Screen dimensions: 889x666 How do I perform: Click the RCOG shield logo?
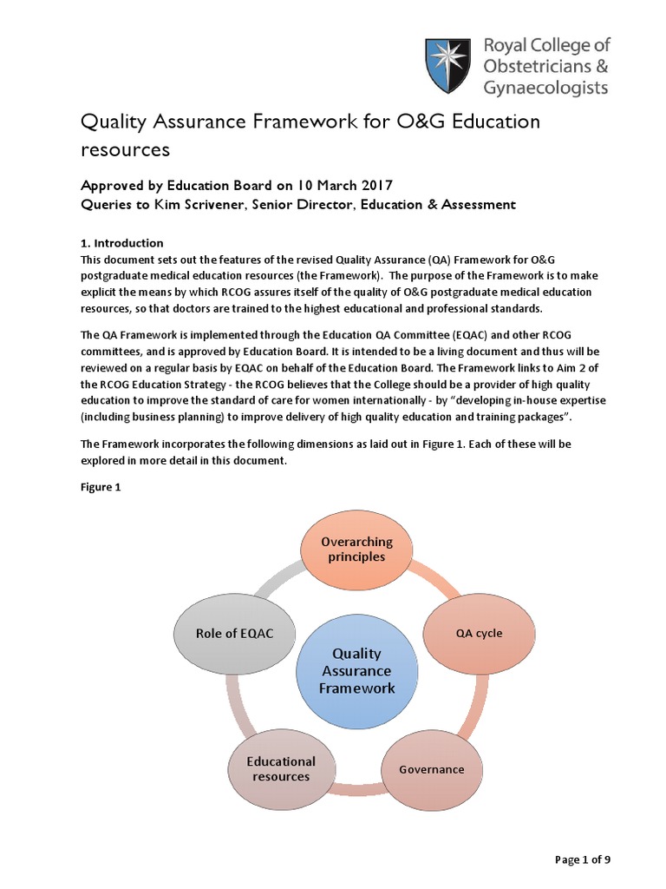click(450, 66)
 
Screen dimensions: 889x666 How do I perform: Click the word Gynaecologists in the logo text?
click(547, 87)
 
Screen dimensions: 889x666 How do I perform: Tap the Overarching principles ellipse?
click(356, 550)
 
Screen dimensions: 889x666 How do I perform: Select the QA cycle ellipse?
click(479, 633)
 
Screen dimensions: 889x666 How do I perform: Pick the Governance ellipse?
click(431, 769)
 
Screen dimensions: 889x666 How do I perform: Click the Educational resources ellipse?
click(281, 769)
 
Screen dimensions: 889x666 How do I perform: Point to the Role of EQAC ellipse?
click(234, 633)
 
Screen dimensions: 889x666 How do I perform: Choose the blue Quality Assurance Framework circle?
click(356, 670)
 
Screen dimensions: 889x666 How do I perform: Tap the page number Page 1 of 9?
click(583, 859)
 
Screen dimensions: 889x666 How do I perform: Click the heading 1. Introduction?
click(122, 243)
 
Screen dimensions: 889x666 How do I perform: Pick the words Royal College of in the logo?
click(546, 45)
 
